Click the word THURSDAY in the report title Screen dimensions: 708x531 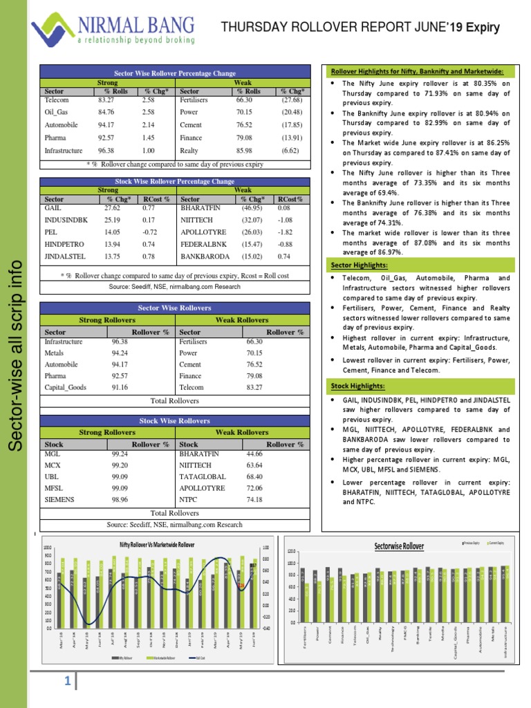point(251,27)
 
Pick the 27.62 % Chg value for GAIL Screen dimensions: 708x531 point(112,207)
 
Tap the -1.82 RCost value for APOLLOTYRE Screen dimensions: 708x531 point(284,232)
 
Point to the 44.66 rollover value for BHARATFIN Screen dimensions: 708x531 point(255,454)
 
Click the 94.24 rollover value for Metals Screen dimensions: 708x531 point(120,353)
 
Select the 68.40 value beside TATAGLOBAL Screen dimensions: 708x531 point(255,476)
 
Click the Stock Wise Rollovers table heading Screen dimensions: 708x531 point(174,420)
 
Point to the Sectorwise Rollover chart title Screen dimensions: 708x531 point(399,546)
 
